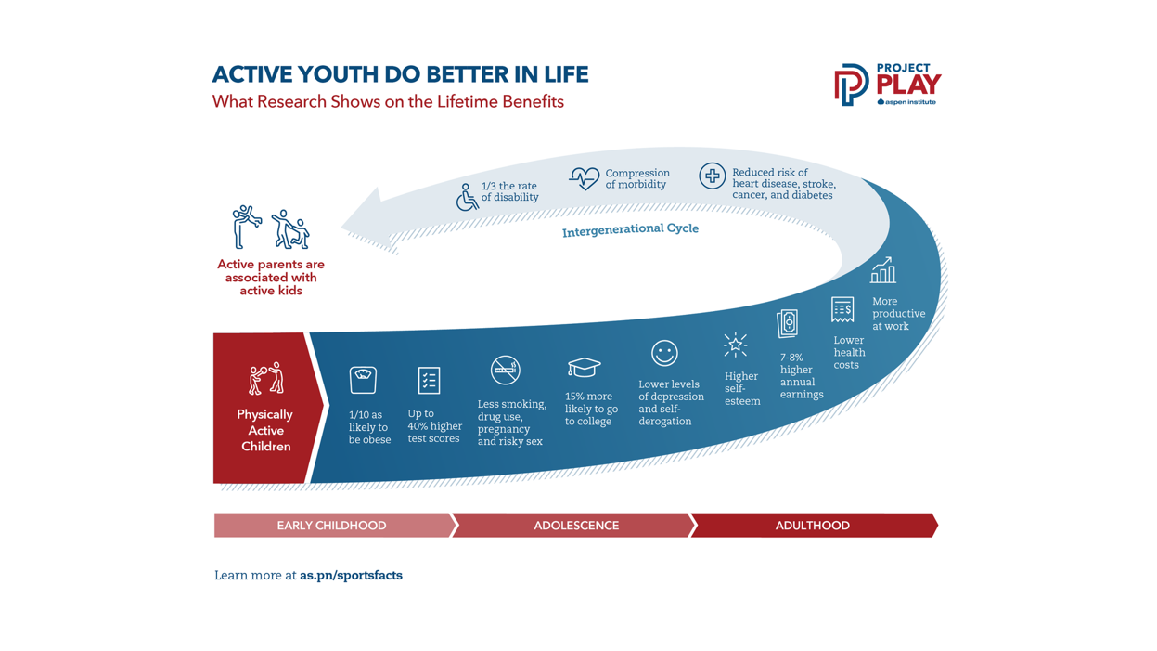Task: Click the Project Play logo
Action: (887, 85)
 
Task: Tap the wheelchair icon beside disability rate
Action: (467, 197)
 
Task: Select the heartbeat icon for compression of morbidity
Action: (585, 179)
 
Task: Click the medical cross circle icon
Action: (713, 176)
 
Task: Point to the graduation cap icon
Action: (584, 367)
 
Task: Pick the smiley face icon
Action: (664, 353)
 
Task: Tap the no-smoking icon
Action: (505, 370)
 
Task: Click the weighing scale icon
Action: (363, 380)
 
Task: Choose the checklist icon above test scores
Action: (429, 381)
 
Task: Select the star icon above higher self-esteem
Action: (735, 345)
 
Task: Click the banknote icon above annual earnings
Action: (788, 324)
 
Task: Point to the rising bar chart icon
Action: (882, 270)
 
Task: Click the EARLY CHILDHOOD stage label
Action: (331, 526)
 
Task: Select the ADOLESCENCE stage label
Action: (576, 526)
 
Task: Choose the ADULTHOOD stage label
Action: (813, 526)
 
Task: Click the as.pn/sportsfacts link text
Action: (352, 576)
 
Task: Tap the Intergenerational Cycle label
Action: (630, 229)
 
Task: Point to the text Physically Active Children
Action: (265, 430)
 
